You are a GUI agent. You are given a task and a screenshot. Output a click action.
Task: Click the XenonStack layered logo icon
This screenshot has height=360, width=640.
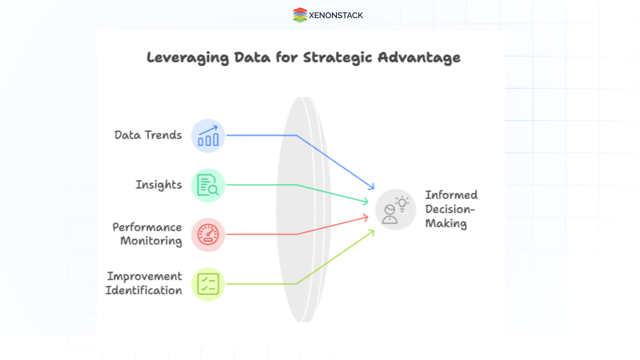[x=300, y=15]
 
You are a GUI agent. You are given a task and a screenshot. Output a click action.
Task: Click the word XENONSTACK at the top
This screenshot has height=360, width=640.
[x=336, y=15]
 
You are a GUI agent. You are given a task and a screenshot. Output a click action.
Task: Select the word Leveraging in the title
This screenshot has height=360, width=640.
[x=188, y=58]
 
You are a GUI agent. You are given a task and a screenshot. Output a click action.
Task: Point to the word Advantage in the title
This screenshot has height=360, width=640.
[x=419, y=58]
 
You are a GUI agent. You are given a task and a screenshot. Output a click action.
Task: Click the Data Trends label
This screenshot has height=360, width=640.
[x=148, y=135]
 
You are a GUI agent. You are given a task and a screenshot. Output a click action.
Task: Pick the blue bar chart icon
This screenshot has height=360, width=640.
[x=208, y=136]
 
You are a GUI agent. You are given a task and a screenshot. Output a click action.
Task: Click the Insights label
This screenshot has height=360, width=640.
[x=159, y=185]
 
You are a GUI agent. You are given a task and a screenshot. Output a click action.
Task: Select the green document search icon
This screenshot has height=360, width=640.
[x=208, y=185]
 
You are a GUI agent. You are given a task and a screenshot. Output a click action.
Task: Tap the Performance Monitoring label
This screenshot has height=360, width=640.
[x=147, y=234]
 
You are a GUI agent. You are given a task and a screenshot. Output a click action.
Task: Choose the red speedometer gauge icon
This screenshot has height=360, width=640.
[x=208, y=235]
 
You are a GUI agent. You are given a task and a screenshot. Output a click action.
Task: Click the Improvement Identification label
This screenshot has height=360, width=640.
[x=144, y=283]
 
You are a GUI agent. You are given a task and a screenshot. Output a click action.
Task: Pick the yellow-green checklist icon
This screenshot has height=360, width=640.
[x=208, y=284]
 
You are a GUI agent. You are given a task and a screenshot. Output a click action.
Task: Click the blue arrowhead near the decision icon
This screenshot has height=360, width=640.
[x=372, y=187]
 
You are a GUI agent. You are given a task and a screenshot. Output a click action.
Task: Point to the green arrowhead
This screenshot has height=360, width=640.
[x=366, y=201]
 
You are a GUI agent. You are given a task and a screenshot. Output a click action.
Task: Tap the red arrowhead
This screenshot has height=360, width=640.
[x=366, y=218]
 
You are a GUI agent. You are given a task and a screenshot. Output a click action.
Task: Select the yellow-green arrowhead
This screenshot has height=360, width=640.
[x=371, y=232]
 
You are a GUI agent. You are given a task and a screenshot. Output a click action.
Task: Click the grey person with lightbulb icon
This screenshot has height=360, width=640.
[x=396, y=210]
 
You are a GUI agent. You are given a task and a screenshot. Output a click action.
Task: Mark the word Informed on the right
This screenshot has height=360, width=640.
[x=451, y=195]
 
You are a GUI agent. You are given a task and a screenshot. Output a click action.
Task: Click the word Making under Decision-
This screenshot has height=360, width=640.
[x=446, y=223]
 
